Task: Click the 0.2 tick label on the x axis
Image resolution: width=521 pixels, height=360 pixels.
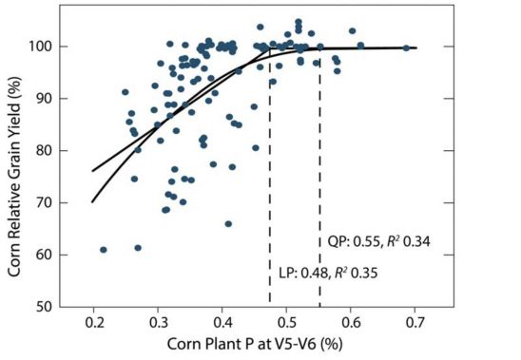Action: [94, 323]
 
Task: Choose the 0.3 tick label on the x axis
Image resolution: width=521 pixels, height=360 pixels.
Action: [159, 323]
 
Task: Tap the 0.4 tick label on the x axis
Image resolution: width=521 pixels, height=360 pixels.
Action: [222, 323]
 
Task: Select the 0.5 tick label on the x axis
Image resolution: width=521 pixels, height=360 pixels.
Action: [287, 323]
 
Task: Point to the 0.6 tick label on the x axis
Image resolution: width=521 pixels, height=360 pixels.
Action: [351, 323]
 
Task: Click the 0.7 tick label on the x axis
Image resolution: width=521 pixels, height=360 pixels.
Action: [415, 323]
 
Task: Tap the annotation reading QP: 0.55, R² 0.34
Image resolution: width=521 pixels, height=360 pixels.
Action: [379, 241]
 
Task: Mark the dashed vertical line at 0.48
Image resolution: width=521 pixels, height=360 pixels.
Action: [271, 180]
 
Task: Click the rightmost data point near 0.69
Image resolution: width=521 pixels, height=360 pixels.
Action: [406, 47]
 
